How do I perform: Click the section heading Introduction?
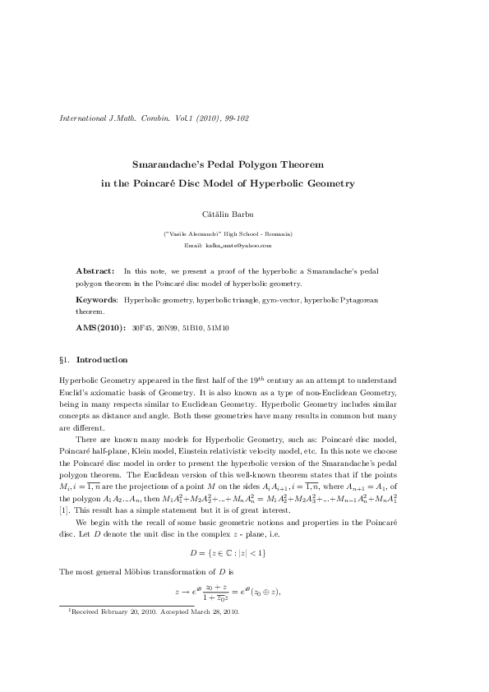[102, 360]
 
